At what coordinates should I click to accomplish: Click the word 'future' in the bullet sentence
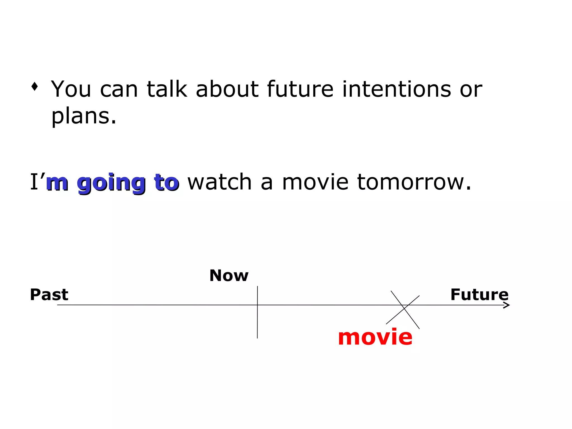(x=300, y=89)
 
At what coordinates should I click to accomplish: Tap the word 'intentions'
(x=397, y=89)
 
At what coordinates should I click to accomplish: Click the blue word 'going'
(x=111, y=183)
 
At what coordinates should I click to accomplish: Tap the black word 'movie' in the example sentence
(x=315, y=182)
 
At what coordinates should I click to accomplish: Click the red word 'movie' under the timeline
(x=375, y=337)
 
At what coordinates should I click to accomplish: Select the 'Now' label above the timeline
(x=229, y=276)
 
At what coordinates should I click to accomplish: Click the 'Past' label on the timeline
(x=49, y=295)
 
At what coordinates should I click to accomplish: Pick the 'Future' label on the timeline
(x=479, y=295)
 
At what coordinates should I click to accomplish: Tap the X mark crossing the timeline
(x=404, y=309)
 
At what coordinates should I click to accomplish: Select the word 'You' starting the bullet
(x=71, y=89)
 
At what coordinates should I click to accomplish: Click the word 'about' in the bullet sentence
(x=227, y=89)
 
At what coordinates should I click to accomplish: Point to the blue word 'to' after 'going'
(x=166, y=183)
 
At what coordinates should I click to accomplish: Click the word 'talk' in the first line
(x=167, y=89)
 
